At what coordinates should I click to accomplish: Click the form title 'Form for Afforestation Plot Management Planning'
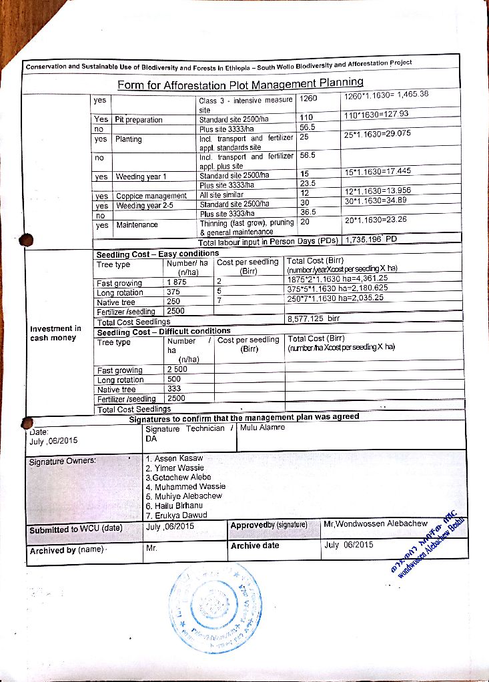pos(240,84)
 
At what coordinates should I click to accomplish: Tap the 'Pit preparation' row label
pos(139,120)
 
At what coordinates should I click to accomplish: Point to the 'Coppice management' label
pos(151,196)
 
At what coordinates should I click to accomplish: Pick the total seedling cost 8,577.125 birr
pos(314,319)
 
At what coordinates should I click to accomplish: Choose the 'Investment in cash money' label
pos(55,333)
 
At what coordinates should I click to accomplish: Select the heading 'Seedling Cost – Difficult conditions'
pos(164,331)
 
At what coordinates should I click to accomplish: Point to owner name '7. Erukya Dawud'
pos(176,515)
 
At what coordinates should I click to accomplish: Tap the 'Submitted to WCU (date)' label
pos(75,529)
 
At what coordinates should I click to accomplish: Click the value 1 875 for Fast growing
pos(177,282)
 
